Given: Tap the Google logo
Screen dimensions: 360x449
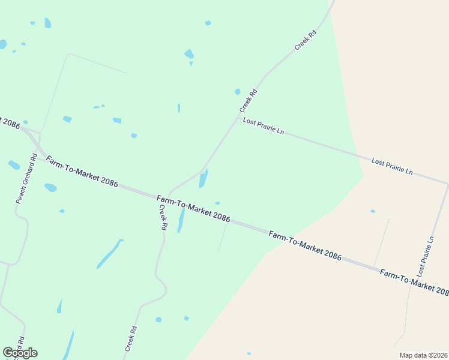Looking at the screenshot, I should pyautogui.click(x=20, y=353).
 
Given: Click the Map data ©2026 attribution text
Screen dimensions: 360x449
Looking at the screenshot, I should pyautogui.click(x=423, y=355).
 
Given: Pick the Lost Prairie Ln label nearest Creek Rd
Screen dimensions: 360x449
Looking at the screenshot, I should pyautogui.click(x=264, y=126).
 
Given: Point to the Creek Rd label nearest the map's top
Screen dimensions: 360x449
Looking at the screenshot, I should pyautogui.click(x=305, y=39).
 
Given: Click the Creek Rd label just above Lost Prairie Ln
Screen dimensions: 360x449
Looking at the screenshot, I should pyautogui.click(x=249, y=101).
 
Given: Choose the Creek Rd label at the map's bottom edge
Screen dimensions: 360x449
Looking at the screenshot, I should pyautogui.click(x=131, y=338).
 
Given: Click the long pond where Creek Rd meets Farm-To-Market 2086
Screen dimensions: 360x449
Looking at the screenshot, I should pyautogui.click(x=203, y=178).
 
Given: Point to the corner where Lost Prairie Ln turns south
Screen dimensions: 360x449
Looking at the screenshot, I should pyautogui.click(x=447, y=184).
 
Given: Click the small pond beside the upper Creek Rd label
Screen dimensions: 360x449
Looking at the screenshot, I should pyautogui.click(x=238, y=92).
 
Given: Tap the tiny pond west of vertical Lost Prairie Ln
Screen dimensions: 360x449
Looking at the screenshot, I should pyautogui.click(x=373, y=211).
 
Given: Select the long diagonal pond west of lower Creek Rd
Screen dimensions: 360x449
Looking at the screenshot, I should pyautogui.click(x=110, y=254).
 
